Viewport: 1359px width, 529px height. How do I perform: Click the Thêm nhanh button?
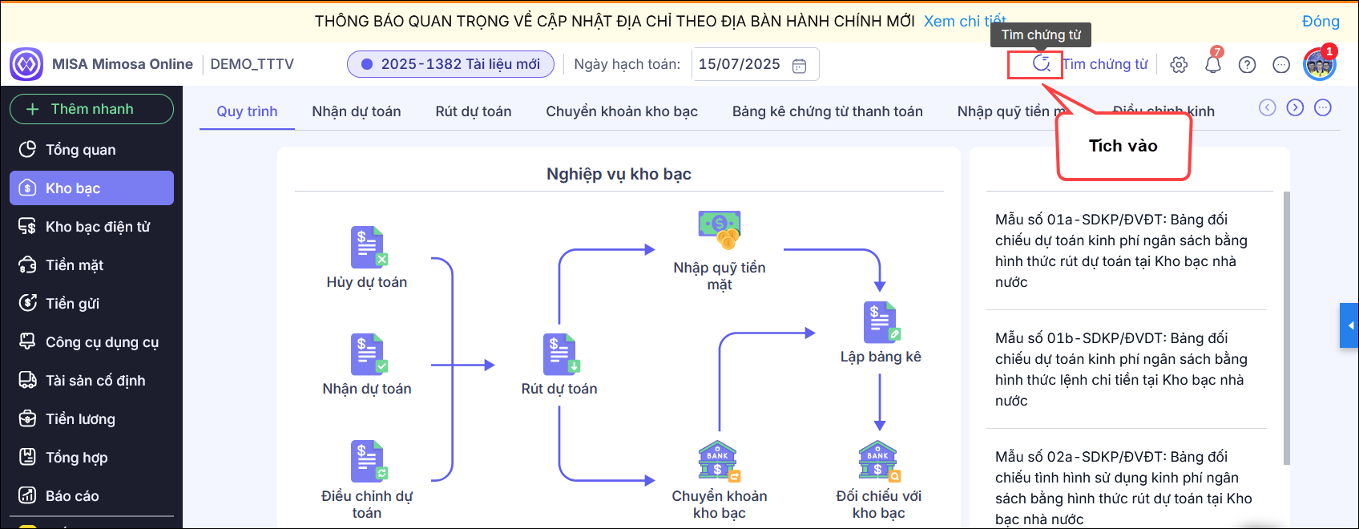coord(91,109)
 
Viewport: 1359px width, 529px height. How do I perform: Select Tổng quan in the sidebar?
coord(80,150)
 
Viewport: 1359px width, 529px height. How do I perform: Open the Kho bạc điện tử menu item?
coord(97,227)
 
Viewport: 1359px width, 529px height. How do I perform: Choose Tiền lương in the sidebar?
coord(80,419)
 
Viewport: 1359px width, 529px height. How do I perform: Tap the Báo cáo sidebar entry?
coord(72,496)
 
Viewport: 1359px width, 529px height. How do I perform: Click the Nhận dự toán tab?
coord(357,111)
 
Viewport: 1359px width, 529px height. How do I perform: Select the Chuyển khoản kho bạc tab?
coord(622,111)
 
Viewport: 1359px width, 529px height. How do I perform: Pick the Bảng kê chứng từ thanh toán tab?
coord(827,111)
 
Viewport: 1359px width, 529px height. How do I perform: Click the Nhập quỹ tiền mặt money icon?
coord(720,229)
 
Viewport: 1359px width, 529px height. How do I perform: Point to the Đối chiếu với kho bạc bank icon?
coord(879,462)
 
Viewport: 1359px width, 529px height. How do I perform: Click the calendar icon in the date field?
coord(799,66)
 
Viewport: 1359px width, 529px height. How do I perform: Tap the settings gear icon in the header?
coord(1179,65)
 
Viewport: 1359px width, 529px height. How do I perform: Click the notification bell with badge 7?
coord(1213,64)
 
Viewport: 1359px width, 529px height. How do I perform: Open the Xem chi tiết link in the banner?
coord(964,22)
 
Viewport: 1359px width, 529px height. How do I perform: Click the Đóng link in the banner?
coord(1321,22)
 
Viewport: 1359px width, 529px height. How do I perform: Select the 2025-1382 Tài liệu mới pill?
coord(450,64)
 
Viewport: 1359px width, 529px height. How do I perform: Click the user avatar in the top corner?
coord(1319,65)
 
